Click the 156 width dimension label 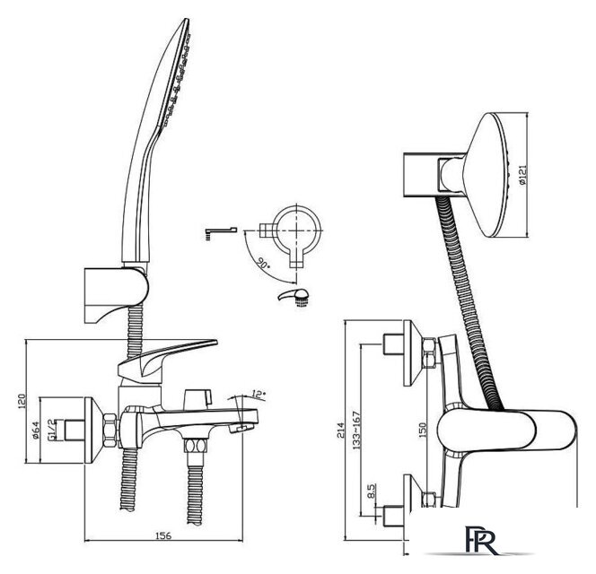(163, 536)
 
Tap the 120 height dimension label (22, 402)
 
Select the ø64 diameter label (36, 430)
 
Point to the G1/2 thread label (50, 430)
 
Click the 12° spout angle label (259, 396)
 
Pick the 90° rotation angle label (263, 263)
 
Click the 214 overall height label (340, 430)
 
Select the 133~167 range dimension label (355, 430)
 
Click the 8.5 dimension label (372, 491)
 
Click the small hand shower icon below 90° (294, 297)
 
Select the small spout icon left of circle (221, 233)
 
